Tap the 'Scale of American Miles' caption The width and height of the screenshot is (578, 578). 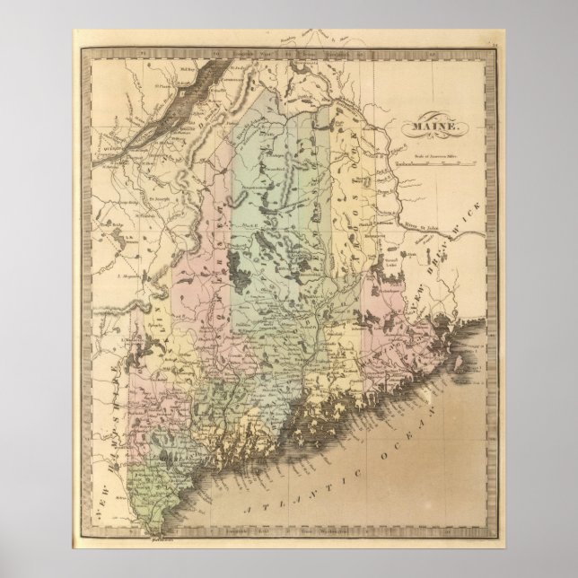click(436, 158)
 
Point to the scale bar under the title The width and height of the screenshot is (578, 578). click(436, 165)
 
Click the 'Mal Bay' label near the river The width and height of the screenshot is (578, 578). click(186, 67)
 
